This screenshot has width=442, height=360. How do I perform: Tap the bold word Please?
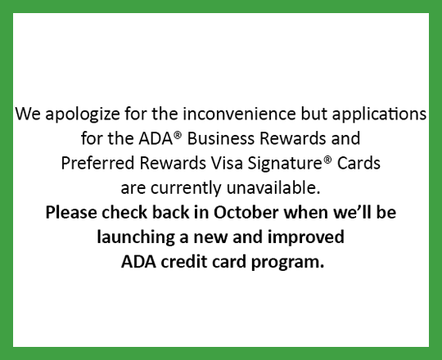pos(72,213)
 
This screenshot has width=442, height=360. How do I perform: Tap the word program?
pos(291,263)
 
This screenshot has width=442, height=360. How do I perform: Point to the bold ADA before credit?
pos(138,263)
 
